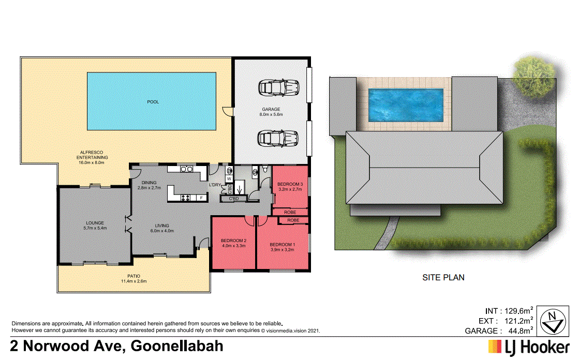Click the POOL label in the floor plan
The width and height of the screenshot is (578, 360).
pos(153,102)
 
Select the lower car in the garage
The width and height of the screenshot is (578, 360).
pos(279,139)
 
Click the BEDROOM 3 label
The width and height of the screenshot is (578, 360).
pos(290,184)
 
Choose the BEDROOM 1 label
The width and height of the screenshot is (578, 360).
pos(282,244)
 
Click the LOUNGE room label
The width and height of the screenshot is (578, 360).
pos(94,223)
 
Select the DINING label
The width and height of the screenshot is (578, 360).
pos(149,182)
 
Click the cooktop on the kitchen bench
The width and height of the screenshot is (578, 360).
pos(185,197)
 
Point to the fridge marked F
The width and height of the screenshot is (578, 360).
pos(201,197)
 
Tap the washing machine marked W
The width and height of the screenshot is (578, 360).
pos(229,178)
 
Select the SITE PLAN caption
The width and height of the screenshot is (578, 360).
pos(443,277)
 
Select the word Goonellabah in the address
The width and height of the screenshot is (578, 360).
pos(177,346)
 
